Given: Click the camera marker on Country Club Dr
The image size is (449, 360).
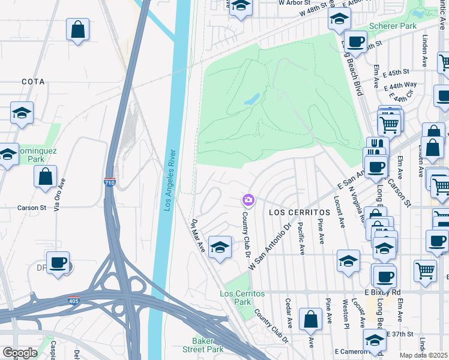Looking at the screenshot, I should (x=248, y=199).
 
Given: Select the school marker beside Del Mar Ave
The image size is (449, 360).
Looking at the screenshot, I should (x=220, y=247).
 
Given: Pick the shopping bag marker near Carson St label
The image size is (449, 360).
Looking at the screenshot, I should (x=45, y=176).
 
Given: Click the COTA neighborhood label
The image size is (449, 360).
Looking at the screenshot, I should (x=33, y=81).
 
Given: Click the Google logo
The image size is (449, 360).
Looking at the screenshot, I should (x=20, y=352).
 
